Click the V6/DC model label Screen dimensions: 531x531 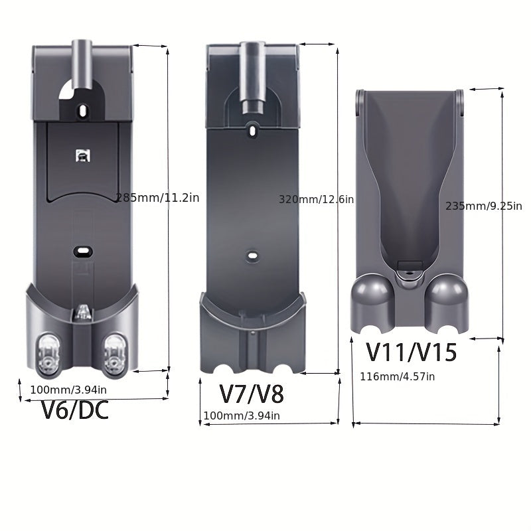coord(74,410)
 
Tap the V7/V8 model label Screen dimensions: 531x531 coord(252,394)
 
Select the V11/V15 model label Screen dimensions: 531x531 coord(412,352)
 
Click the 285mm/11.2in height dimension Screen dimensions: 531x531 coord(158,197)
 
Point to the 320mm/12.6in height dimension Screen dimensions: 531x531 coord(316,199)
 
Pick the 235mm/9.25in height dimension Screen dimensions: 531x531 coord(483,206)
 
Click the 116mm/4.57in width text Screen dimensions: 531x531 coord(398,376)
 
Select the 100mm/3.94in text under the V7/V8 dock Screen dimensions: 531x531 coord(241,416)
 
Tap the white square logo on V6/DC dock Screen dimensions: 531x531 coord(82,155)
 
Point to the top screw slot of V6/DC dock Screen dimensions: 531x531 coord(82,111)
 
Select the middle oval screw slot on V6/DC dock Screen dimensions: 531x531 coord(82,251)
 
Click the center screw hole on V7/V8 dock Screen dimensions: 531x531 coord(252,254)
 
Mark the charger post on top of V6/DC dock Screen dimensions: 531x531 coord(82,64)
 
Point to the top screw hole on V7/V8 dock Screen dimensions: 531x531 coord(252,131)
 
